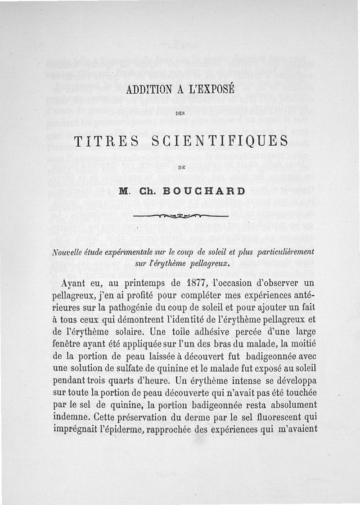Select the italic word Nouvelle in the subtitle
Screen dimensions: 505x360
pyautogui.click(x=68, y=251)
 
